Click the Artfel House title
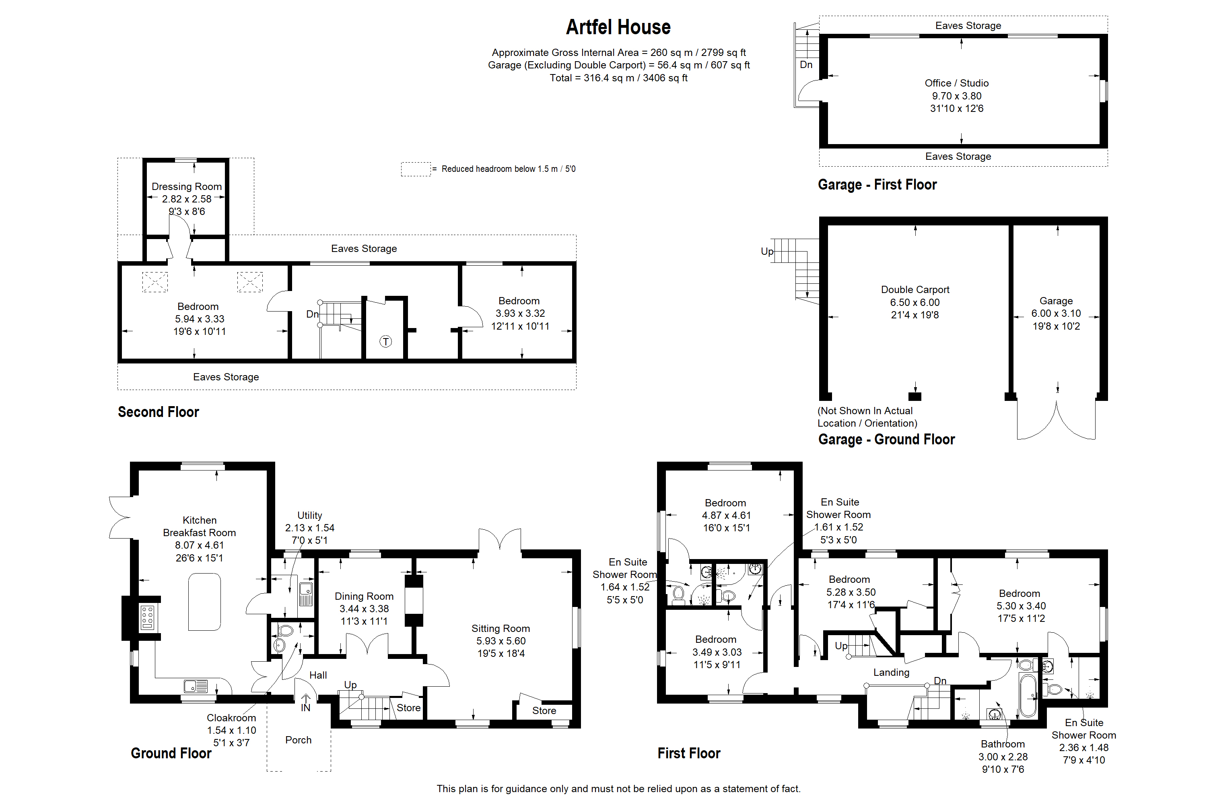(x=618, y=27)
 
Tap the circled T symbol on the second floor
(x=385, y=341)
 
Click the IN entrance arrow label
(x=305, y=708)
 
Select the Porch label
(x=298, y=740)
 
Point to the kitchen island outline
(x=204, y=602)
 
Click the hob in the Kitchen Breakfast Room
(x=147, y=617)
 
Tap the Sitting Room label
(x=501, y=628)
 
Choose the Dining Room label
(x=364, y=596)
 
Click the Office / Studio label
(x=957, y=83)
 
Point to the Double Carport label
(x=915, y=289)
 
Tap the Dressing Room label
(x=186, y=186)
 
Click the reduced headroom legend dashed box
(x=415, y=169)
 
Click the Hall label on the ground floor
(x=318, y=675)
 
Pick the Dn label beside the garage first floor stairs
(x=806, y=65)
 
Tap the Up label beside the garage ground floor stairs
(x=767, y=251)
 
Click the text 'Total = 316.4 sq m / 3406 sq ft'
(x=618, y=78)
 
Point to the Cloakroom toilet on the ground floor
(x=285, y=630)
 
